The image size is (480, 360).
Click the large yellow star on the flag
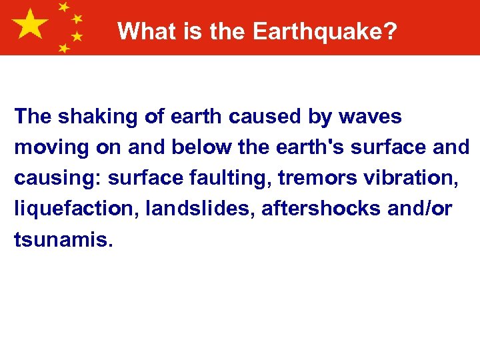coord(31,25)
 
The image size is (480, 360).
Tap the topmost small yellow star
coord(64,7)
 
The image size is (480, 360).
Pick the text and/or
coord(419,209)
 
